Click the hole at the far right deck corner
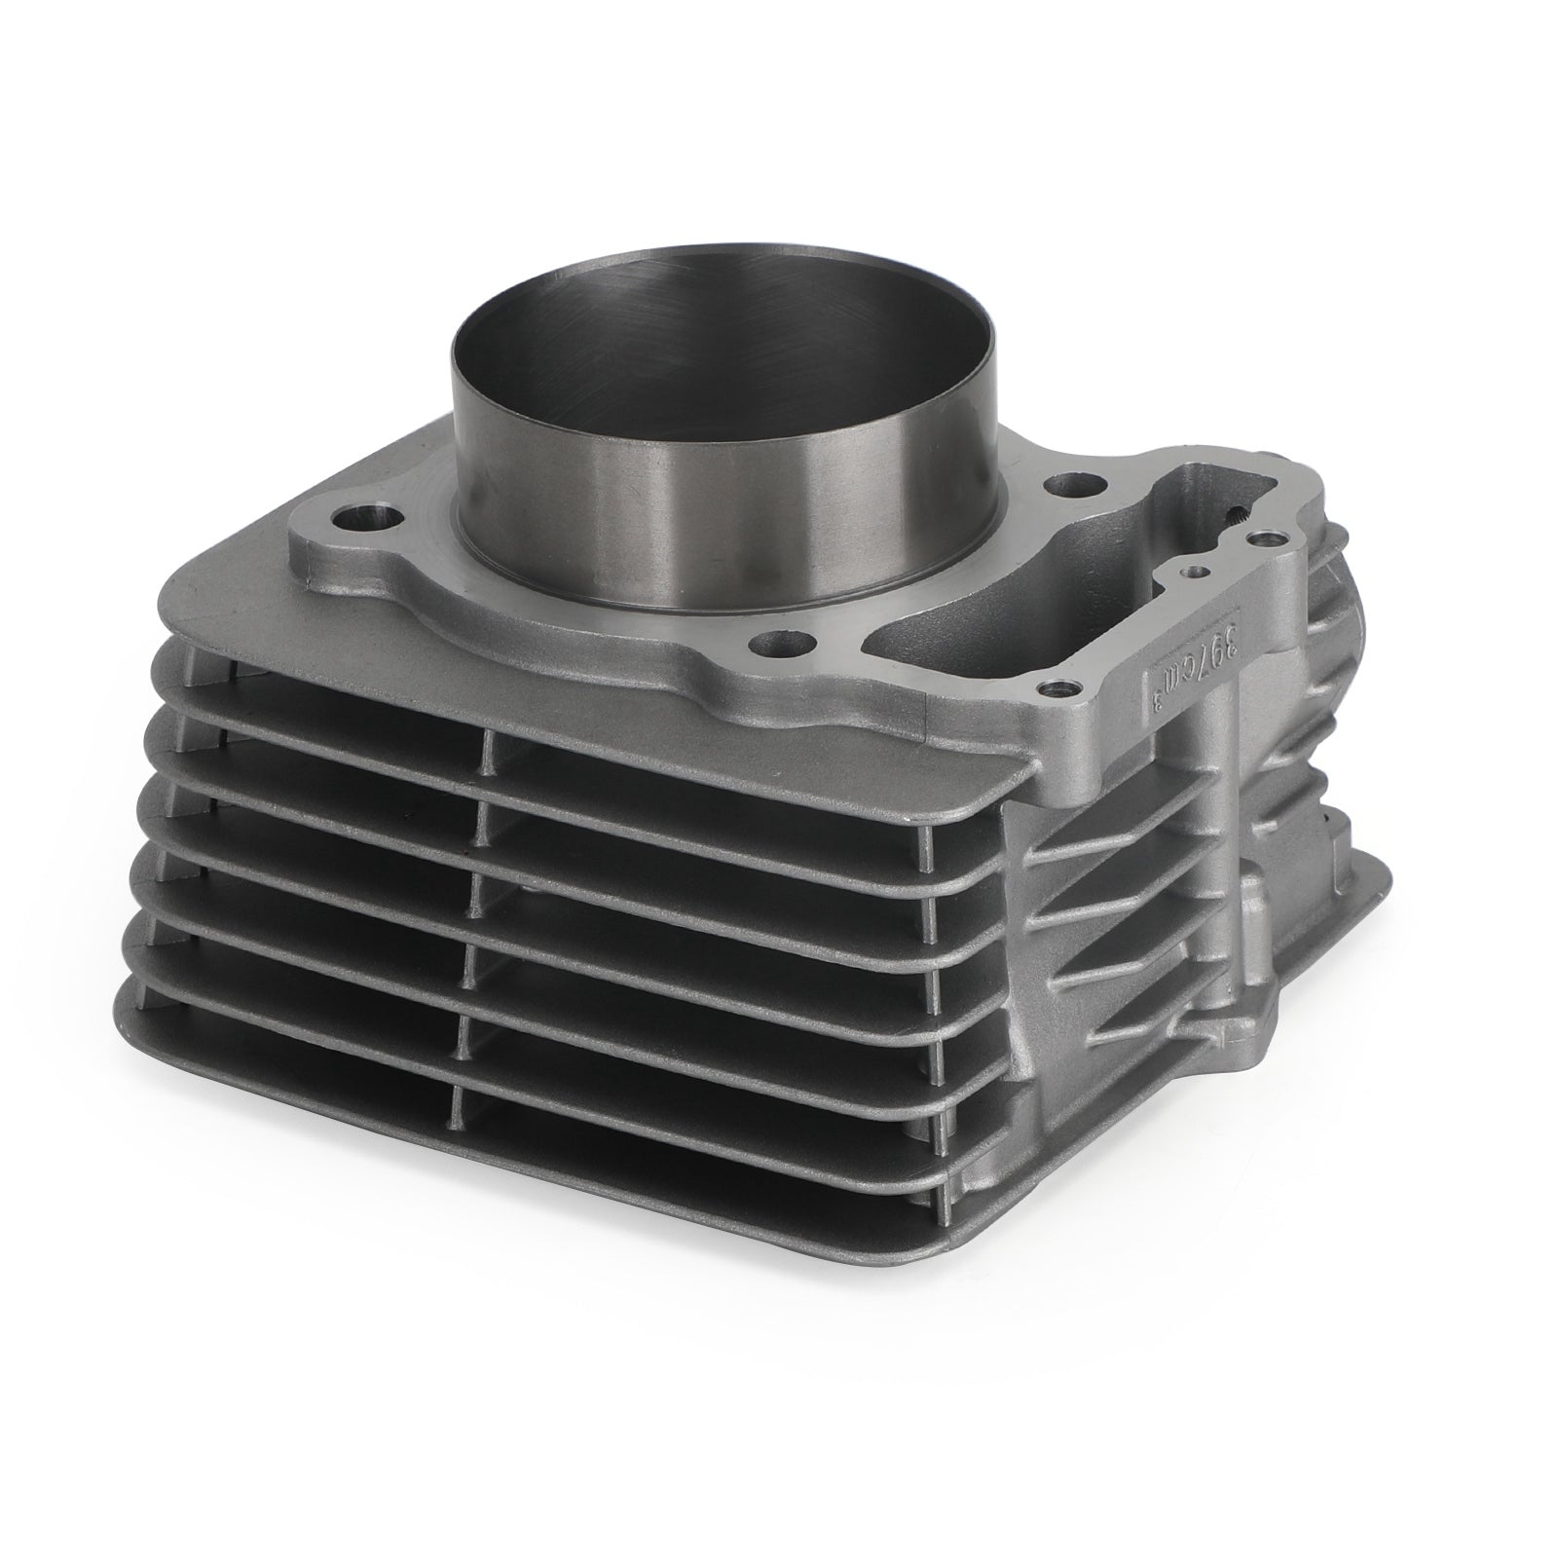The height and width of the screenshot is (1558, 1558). click(1264, 537)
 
